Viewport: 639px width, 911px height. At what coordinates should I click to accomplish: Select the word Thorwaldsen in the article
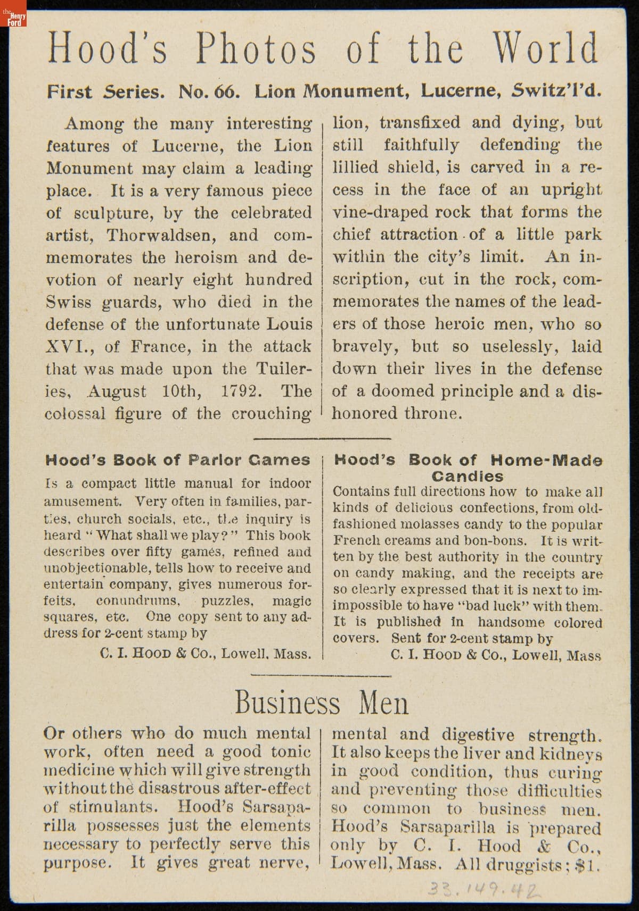(183, 235)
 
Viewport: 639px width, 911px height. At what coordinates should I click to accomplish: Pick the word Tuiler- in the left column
(283, 369)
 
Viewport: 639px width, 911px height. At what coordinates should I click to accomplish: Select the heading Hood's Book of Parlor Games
(178, 460)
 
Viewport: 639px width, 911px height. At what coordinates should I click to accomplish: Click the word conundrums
(138, 601)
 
